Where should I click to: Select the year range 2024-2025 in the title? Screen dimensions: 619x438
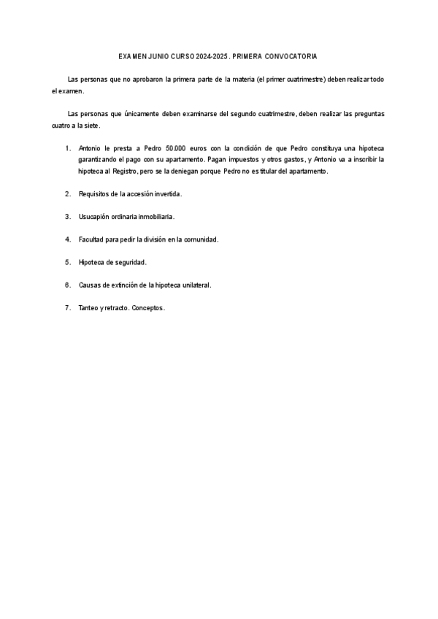tap(212, 55)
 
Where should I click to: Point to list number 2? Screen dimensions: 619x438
tap(67, 194)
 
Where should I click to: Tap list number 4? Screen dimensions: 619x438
tap(67, 239)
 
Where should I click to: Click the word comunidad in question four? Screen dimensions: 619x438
tap(199, 239)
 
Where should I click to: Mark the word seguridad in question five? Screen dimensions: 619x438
tap(130, 262)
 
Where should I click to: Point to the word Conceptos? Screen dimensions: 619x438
tap(148, 308)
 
